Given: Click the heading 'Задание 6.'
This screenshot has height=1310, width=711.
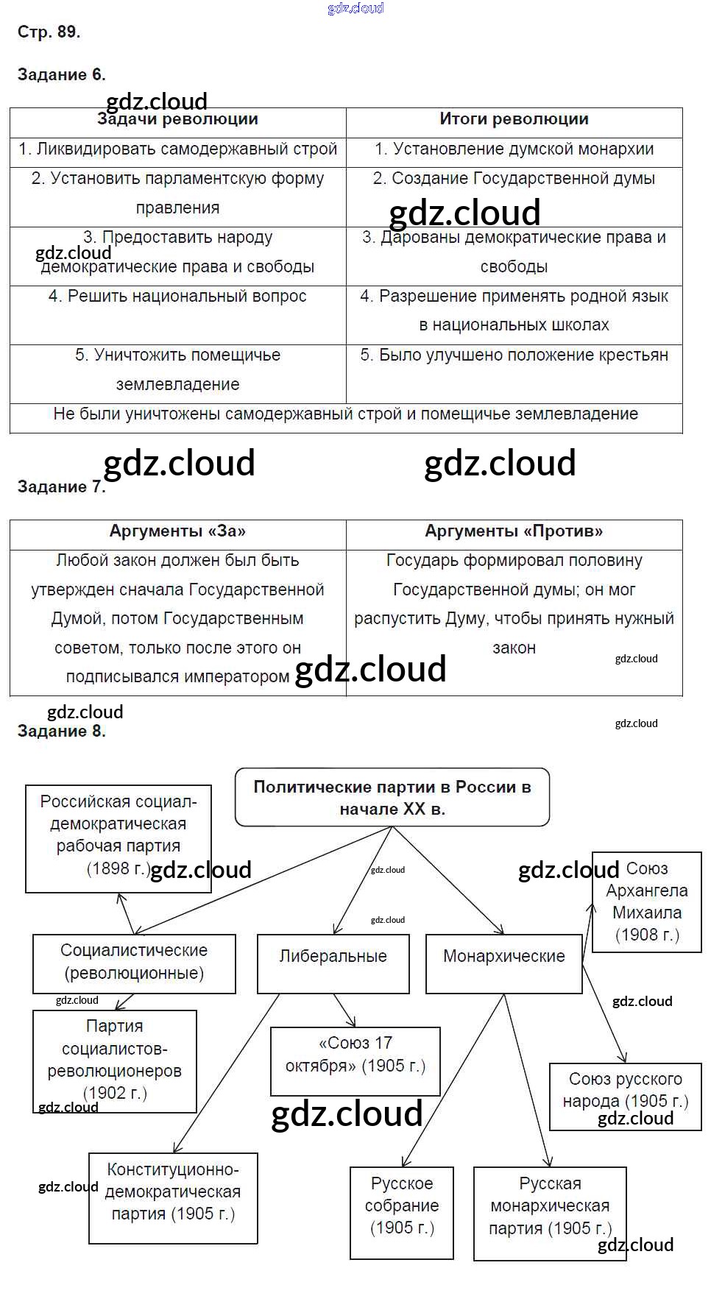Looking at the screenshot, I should [x=62, y=74].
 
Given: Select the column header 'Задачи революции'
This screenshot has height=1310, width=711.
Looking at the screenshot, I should [x=177, y=120].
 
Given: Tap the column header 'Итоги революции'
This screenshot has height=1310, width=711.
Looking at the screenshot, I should [x=514, y=119].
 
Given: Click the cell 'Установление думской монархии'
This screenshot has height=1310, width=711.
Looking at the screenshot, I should [x=514, y=149].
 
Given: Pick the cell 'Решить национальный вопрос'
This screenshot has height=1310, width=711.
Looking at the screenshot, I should [x=177, y=297].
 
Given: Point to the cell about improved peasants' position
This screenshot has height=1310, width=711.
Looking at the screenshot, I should [x=514, y=355].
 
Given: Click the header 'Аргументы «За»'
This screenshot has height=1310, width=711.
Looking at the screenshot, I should [x=177, y=531].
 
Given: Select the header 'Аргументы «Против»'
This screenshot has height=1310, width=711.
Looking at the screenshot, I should [x=514, y=531].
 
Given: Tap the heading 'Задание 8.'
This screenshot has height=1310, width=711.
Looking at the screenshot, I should [x=62, y=731].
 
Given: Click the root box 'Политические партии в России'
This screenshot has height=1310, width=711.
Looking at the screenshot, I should [x=392, y=798].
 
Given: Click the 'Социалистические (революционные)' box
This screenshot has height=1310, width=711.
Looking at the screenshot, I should [x=134, y=963].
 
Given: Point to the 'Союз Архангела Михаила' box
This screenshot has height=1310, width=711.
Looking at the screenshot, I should [x=647, y=902].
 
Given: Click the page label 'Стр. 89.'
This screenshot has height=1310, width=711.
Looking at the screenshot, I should [x=49, y=32].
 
